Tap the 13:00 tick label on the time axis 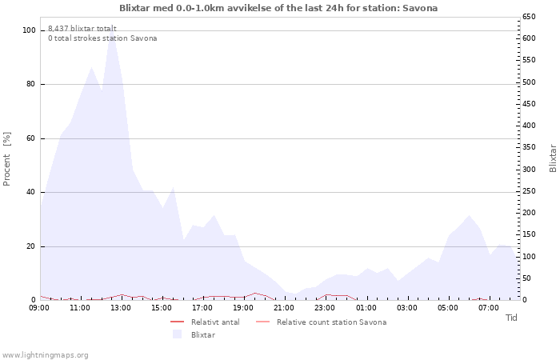pyautogui.click(x=121, y=307)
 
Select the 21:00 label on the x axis pyautogui.click(x=284, y=307)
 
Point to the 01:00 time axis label pyautogui.click(x=366, y=307)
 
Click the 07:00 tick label pyautogui.click(x=488, y=307)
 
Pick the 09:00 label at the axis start pyautogui.click(x=39, y=307)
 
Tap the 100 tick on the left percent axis pyautogui.click(x=29, y=30)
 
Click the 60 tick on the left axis pyautogui.click(x=31, y=138)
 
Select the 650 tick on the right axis pyautogui.click(x=528, y=17)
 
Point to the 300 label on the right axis pyautogui.click(x=528, y=170)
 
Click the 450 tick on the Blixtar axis pyautogui.click(x=528, y=104)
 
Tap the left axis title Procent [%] pyautogui.click(x=7, y=158)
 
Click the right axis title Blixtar pyautogui.click(x=552, y=158)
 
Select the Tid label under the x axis pyautogui.click(x=511, y=318)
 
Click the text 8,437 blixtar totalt pyautogui.click(x=82, y=28)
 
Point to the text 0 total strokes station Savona pyautogui.click(x=102, y=38)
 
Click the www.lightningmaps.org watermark pyautogui.click(x=46, y=355)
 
